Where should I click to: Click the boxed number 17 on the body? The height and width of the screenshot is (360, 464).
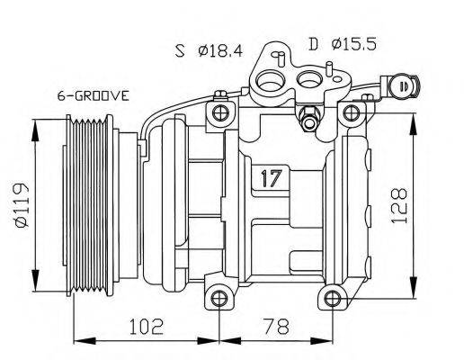pyautogui.click(x=267, y=176)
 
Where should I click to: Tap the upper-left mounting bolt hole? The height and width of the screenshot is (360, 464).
pyautogui.click(x=216, y=112)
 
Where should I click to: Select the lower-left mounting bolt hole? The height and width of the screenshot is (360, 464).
pyautogui.click(x=216, y=297)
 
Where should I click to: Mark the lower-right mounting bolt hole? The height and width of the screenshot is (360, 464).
pyautogui.click(x=334, y=297)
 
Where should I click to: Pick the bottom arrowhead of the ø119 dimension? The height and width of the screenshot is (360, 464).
pyautogui.click(x=35, y=278)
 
